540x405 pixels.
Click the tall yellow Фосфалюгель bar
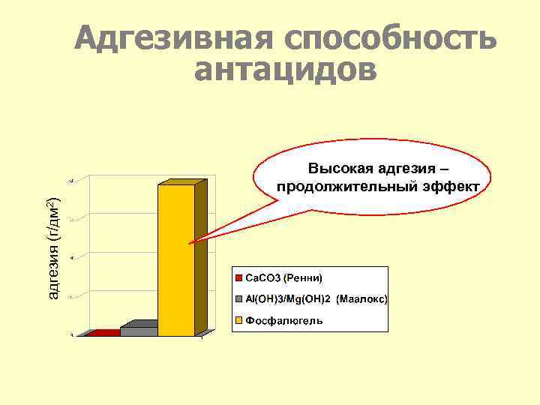[x=176, y=259]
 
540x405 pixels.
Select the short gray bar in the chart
[x=139, y=331]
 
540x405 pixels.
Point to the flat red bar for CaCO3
[x=103, y=334]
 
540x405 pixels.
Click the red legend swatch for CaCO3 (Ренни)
[x=239, y=278]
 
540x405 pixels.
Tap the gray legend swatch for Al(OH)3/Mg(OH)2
[x=239, y=298]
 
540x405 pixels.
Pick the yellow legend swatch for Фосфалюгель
[x=239, y=320]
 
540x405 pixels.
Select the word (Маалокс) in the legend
[x=362, y=298]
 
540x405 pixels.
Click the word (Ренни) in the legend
[x=303, y=278]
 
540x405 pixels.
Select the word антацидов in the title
[x=286, y=70]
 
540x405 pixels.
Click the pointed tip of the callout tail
[x=190, y=243]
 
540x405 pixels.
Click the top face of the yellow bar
[x=182, y=182]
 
